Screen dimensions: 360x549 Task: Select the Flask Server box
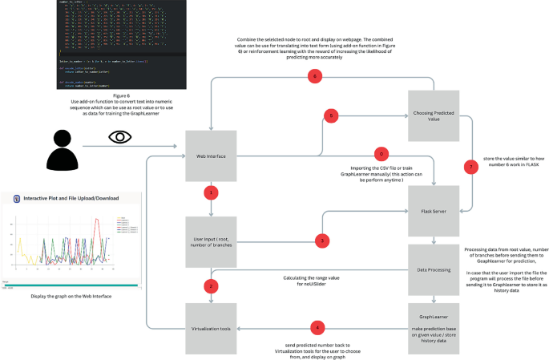coord(434,212)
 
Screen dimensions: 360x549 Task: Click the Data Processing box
coord(434,271)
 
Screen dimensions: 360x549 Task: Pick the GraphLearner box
coord(434,328)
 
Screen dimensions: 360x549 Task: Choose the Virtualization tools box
coord(212,328)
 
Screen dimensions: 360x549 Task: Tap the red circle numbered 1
coord(212,192)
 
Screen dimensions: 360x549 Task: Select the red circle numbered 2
coord(212,285)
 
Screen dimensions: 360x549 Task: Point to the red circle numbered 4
coord(319,327)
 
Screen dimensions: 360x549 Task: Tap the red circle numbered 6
coord(315,77)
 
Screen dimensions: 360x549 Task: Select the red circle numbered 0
coord(381,152)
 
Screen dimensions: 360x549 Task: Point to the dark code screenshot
coord(95,45)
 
